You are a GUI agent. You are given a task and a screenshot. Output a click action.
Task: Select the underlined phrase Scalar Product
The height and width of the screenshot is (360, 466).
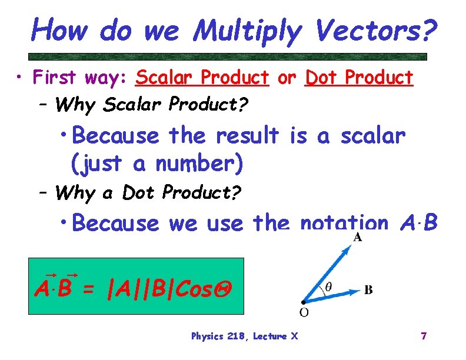click(x=202, y=78)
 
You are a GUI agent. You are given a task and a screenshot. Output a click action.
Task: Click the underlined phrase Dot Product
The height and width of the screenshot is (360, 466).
click(x=359, y=78)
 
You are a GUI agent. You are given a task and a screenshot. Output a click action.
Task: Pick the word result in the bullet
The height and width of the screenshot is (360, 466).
click(x=247, y=136)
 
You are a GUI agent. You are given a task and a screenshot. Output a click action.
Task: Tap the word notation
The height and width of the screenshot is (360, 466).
click(x=344, y=223)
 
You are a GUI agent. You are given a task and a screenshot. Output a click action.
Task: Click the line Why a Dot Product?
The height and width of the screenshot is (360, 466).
click(x=148, y=192)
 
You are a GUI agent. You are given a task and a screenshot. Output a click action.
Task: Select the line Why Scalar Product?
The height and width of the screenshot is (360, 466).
click(x=152, y=105)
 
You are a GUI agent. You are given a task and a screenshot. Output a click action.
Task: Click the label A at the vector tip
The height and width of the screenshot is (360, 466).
click(x=357, y=238)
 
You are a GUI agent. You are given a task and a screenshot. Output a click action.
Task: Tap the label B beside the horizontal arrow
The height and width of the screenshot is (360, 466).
click(x=368, y=289)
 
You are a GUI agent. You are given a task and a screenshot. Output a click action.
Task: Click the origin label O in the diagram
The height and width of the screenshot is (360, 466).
click(x=304, y=311)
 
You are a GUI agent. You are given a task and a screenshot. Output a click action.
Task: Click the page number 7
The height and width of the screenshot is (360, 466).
click(x=423, y=336)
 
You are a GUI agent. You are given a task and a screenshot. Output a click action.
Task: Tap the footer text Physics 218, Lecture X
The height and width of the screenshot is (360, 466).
click(x=244, y=336)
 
